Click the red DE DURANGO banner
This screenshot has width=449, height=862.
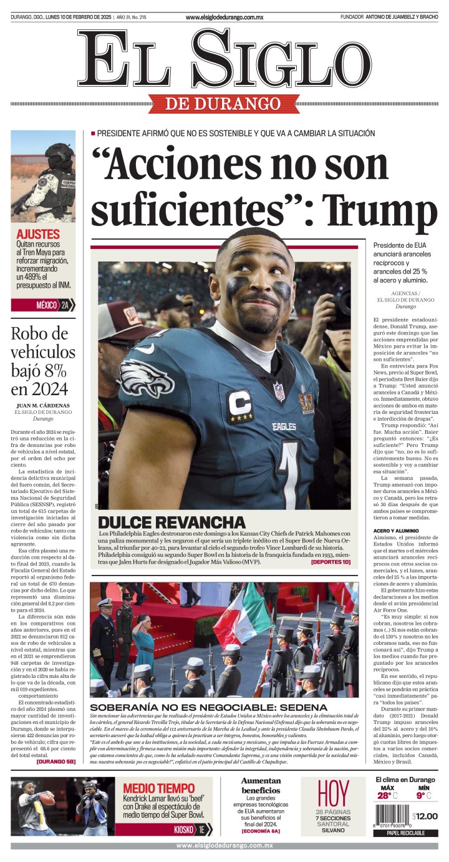click(x=224, y=104)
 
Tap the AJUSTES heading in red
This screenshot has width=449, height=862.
click(x=39, y=234)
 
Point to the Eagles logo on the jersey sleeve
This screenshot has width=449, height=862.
click(x=147, y=377)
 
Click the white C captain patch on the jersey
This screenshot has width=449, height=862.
click(x=239, y=404)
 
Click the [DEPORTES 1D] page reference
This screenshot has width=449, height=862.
click(x=331, y=562)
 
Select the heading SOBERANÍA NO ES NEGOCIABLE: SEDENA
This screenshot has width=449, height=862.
click(x=208, y=707)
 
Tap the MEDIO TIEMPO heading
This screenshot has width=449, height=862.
click(x=158, y=788)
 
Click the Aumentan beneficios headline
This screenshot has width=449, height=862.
click(x=261, y=785)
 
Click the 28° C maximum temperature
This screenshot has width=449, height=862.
click(x=387, y=795)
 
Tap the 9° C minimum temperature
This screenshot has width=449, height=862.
click(x=423, y=795)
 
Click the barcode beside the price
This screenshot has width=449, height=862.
click(x=392, y=816)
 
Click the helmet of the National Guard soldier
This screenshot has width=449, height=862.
click(x=59, y=152)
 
